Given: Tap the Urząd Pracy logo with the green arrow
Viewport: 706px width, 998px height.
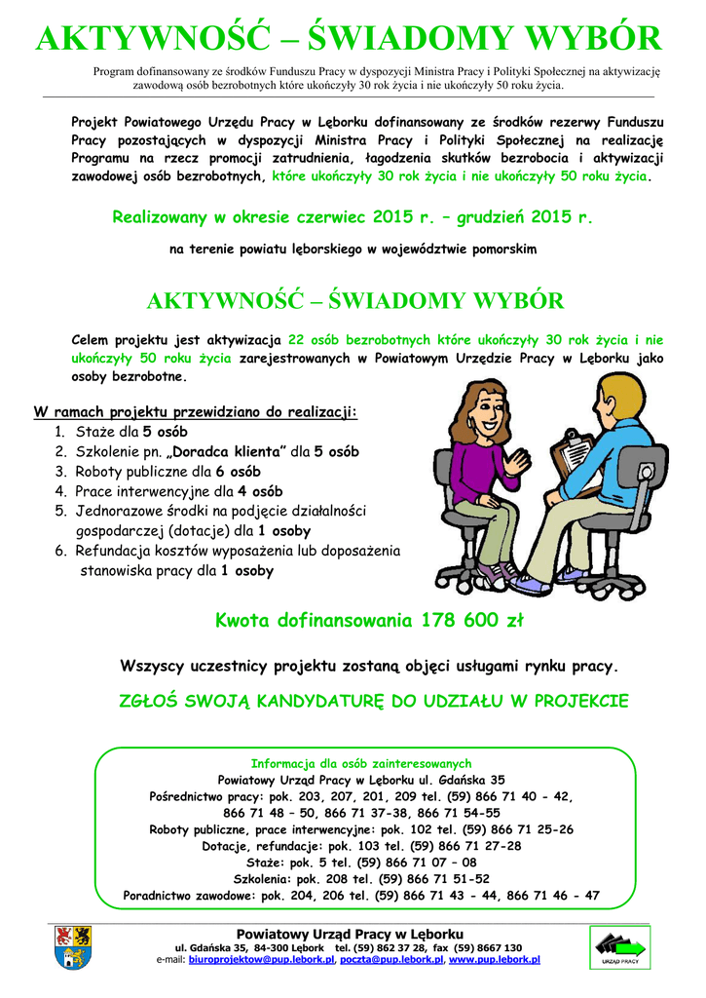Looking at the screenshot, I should tap(619, 948).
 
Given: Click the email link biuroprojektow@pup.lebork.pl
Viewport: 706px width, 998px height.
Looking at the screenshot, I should tap(261, 960).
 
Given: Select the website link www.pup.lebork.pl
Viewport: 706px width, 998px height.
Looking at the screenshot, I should tap(495, 960).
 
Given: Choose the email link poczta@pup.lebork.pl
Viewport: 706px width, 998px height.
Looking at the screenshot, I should tap(390, 960).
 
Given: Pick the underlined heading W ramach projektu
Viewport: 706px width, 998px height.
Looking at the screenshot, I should tap(196, 411).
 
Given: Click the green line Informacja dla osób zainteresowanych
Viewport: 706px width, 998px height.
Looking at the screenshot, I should tap(361, 763).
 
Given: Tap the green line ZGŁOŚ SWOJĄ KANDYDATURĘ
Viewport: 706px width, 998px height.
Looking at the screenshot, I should tap(373, 701).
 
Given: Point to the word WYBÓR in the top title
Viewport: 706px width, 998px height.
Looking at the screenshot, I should tap(588, 40).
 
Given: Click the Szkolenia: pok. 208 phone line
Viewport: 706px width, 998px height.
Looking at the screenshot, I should tap(361, 878).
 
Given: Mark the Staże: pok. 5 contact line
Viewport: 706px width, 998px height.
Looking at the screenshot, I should tap(361, 863).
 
